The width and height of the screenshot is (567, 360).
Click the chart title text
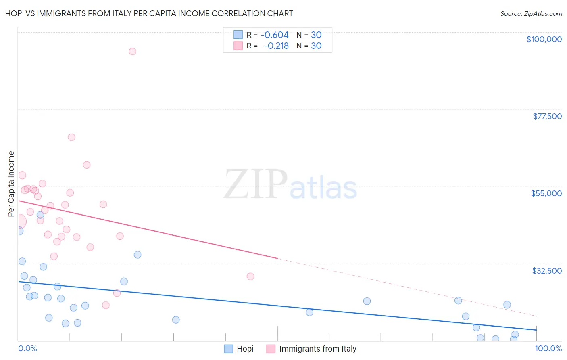[149, 13]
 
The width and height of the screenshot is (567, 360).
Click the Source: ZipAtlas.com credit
[531, 13]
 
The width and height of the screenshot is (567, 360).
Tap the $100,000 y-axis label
[544, 39]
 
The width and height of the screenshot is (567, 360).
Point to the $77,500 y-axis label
[547, 116]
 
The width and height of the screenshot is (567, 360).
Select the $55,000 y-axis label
[546, 193]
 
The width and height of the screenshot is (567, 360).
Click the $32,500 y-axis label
[547, 271]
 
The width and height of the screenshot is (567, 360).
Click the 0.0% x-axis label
[27, 348]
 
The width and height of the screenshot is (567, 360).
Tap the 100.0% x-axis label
[548, 348]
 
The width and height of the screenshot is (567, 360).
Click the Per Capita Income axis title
[11, 184]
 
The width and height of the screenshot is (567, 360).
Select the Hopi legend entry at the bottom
[245, 349]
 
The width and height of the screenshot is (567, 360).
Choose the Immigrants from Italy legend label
[317, 349]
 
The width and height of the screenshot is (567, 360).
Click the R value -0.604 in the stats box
[275, 35]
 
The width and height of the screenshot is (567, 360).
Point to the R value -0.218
[276, 46]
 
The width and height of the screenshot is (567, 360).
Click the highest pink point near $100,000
[132, 51]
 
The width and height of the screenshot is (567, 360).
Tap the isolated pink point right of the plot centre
[250, 276]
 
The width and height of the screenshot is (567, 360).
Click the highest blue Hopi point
[40, 215]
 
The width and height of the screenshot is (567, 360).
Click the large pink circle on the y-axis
[19, 221]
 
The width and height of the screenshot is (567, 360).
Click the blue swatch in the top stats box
[238, 35]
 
